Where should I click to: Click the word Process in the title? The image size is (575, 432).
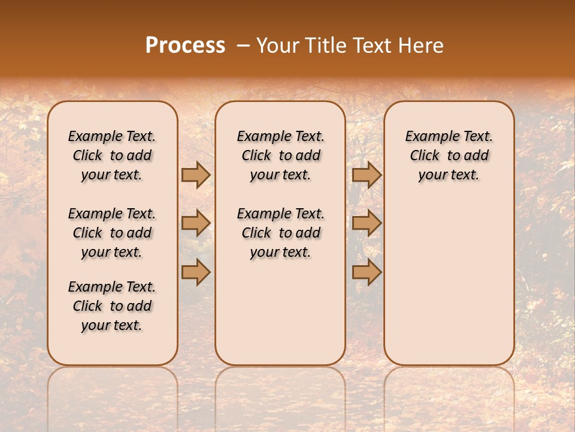pyautogui.click(x=185, y=46)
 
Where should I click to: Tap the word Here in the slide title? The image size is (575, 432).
pyautogui.click(x=421, y=46)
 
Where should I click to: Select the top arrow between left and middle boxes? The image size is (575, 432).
pyautogui.click(x=196, y=175)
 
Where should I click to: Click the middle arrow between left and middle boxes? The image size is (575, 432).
pyautogui.click(x=196, y=223)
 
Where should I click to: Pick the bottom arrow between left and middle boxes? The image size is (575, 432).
pyautogui.click(x=196, y=272)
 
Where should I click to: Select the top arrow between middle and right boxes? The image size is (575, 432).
pyautogui.click(x=367, y=175)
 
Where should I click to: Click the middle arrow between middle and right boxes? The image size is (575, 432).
pyautogui.click(x=367, y=223)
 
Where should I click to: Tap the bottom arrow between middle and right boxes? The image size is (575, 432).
pyautogui.click(x=367, y=272)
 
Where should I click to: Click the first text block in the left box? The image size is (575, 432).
pyautogui.click(x=112, y=155)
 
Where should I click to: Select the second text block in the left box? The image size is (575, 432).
pyautogui.click(x=112, y=233)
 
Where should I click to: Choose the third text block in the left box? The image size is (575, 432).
pyautogui.click(x=112, y=306)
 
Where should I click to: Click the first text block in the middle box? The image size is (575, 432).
pyautogui.click(x=280, y=155)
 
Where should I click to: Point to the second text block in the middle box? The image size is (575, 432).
pyautogui.click(x=280, y=233)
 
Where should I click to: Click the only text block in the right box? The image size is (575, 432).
pyautogui.click(x=449, y=155)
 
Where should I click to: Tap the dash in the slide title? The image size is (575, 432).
pyautogui.click(x=243, y=46)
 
